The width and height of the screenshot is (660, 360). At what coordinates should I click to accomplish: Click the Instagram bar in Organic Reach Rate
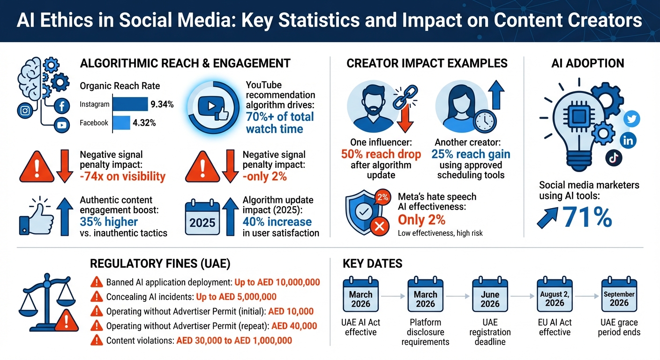click(x=130, y=104)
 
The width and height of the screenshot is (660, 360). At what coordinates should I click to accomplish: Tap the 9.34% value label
click(x=162, y=105)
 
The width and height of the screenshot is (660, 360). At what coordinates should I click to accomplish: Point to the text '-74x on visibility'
click(x=122, y=176)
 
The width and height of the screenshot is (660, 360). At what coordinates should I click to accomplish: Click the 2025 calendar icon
click(x=202, y=218)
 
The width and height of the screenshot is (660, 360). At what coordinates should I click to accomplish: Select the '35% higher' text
click(x=109, y=222)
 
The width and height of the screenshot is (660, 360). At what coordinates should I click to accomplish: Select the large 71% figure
click(x=586, y=217)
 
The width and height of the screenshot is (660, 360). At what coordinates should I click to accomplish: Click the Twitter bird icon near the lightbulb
click(x=632, y=119)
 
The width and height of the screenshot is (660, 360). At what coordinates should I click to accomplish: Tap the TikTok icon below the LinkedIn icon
click(x=613, y=158)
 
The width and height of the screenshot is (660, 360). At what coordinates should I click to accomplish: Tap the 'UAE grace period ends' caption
click(x=619, y=328)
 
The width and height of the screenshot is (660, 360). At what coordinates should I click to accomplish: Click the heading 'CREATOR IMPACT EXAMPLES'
click(x=427, y=63)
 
